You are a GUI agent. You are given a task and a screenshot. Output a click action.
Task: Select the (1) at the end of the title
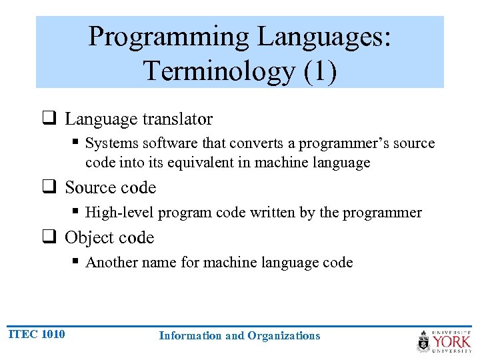(x=320, y=70)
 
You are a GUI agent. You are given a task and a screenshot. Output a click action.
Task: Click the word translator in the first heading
(x=177, y=119)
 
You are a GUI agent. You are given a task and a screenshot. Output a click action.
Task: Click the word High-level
(x=117, y=213)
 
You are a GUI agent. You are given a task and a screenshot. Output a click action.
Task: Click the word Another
(x=111, y=263)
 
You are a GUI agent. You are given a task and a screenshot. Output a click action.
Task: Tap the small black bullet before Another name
(x=77, y=262)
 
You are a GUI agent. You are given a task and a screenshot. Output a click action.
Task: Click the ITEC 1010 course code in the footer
(x=37, y=334)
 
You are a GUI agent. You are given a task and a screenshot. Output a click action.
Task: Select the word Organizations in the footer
(x=283, y=336)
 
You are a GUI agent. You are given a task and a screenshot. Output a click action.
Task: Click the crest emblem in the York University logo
(x=424, y=341)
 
